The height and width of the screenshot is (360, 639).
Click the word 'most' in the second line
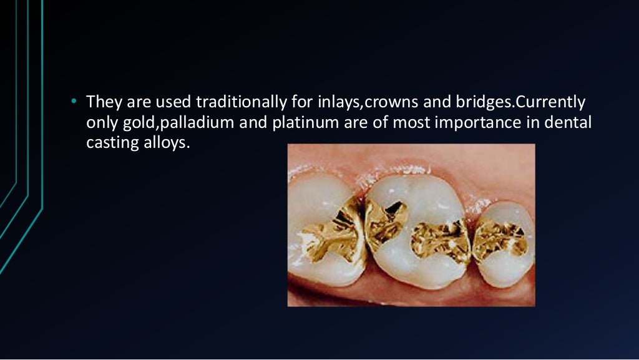pos(410,122)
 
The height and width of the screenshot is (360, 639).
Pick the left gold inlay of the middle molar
pos(386,221)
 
